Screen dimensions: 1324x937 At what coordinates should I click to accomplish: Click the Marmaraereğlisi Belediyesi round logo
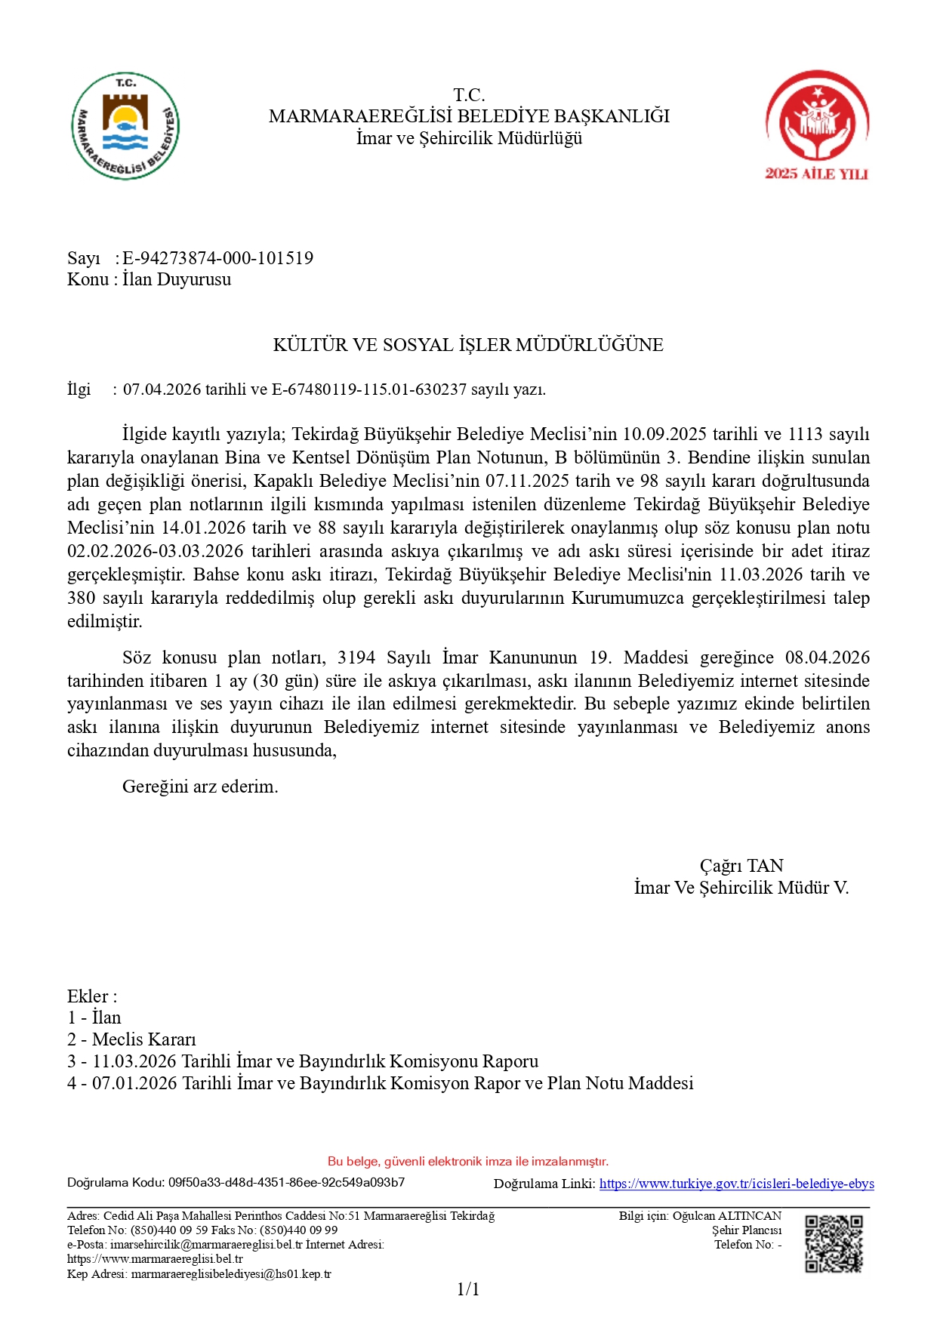point(125,126)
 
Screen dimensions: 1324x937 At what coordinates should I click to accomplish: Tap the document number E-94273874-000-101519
point(217,258)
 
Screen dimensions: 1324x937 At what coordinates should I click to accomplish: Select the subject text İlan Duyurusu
point(177,279)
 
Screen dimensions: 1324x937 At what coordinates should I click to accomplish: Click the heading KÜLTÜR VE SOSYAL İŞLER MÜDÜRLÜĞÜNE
point(468,345)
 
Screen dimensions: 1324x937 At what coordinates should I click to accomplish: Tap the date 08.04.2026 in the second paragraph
point(828,657)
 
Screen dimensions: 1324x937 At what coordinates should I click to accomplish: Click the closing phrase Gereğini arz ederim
point(200,787)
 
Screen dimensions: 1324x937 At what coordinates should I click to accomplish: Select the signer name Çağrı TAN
point(741,866)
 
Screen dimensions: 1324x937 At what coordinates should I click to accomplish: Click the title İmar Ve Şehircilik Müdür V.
point(741,888)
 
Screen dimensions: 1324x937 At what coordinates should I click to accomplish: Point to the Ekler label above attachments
point(91,996)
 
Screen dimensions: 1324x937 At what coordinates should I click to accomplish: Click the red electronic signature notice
point(468,1161)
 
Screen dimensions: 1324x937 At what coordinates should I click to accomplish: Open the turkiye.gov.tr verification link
point(736,1184)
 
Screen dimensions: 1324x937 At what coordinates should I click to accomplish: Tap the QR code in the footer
point(833,1242)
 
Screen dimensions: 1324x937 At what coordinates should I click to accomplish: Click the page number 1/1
point(468,1289)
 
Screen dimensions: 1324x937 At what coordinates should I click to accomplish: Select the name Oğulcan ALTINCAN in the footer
point(727,1215)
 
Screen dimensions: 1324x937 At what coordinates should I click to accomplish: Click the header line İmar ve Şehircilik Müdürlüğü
point(469,138)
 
